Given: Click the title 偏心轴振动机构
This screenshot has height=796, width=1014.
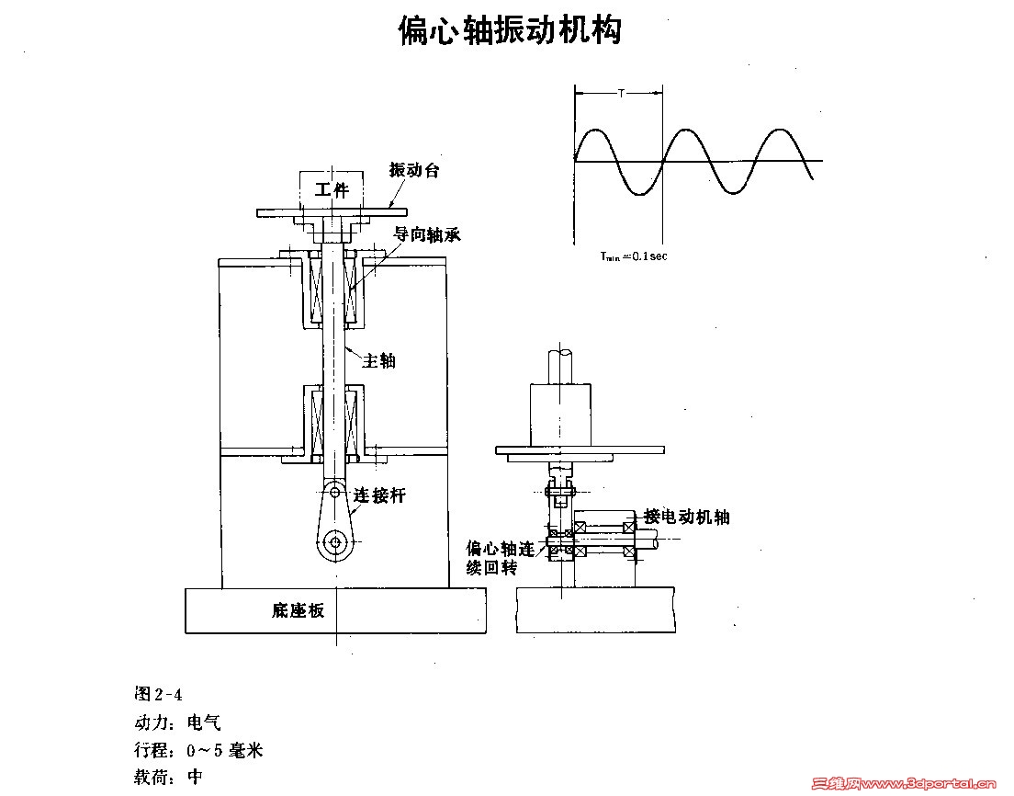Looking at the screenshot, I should [x=510, y=30].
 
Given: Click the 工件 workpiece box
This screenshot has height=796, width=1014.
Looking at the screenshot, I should [x=332, y=190].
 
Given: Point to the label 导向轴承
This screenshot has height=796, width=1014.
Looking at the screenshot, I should [x=427, y=235].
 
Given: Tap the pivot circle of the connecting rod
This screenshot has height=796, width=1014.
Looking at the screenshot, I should [x=336, y=542].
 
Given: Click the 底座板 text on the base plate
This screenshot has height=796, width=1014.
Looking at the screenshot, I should [x=299, y=609].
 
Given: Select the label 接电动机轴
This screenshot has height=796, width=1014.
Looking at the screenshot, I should [x=687, y=517].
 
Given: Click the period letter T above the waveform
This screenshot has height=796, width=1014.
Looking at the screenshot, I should [x=621, y=93].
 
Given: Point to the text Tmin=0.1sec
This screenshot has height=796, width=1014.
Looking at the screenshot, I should [x=634, y=256].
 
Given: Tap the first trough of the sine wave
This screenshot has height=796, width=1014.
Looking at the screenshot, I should [x=640, y=193].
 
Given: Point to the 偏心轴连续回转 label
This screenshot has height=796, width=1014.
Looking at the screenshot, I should [x=500, y=558].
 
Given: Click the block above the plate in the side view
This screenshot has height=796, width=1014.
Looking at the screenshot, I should [x=560, y=415].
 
